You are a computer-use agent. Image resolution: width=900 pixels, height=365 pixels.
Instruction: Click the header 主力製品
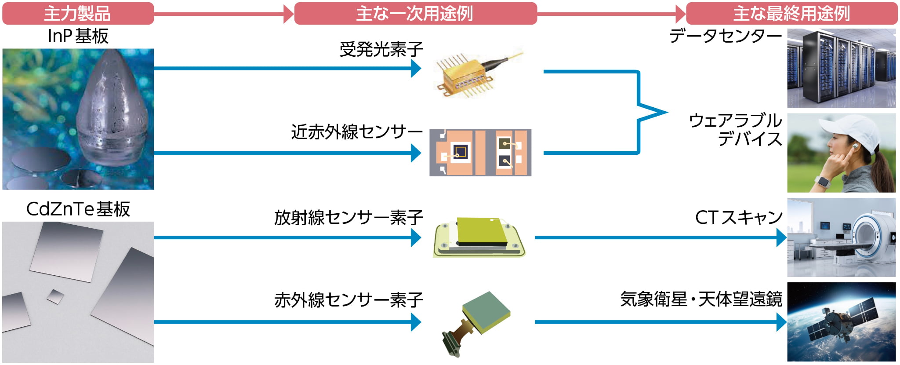pos(77,14)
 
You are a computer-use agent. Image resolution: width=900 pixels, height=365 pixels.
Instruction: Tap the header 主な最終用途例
pos(791,14)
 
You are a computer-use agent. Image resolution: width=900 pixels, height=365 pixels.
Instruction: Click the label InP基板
pos(78,36)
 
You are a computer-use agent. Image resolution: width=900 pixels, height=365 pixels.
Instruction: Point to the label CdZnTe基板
pos(78,209)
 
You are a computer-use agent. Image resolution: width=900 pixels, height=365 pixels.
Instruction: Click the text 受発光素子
pos(381,49)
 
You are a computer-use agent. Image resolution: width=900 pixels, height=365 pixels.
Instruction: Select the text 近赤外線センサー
pos(356,131)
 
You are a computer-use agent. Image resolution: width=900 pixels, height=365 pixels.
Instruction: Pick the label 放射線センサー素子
pos(348,217)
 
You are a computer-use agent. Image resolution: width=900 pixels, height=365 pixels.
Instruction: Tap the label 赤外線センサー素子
pos(348,300)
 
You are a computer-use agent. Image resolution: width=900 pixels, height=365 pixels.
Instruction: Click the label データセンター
pos(726,36)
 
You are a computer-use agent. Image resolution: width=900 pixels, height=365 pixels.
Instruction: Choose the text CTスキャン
pos(739,217)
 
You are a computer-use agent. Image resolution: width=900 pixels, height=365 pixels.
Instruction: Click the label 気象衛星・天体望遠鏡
pos(701,299)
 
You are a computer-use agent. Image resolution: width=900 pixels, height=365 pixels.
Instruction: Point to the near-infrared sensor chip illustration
pos(480,153)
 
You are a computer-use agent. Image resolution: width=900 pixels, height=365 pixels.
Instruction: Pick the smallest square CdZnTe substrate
pos(55,296)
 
